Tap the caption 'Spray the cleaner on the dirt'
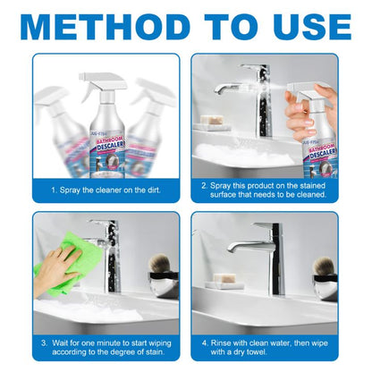point(106,191)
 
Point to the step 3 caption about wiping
point(106,346)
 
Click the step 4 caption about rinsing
point(266,346)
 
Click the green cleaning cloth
point(60,266)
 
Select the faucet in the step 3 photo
point(106,250)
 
